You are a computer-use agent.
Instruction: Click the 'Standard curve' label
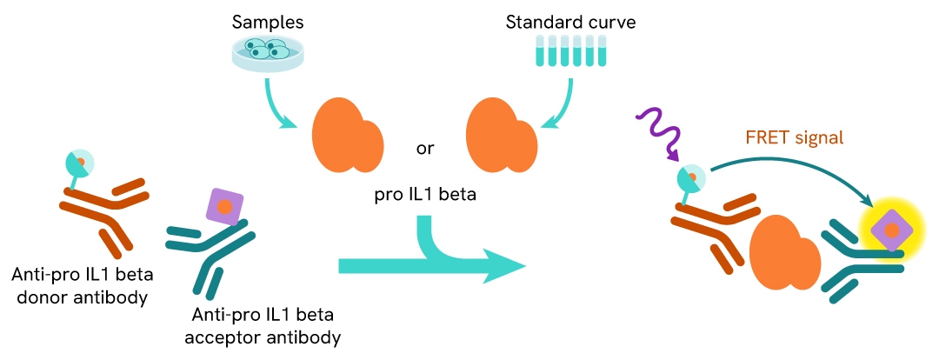[x=570, y=19]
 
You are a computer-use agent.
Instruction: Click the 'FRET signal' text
[x=794, y=137]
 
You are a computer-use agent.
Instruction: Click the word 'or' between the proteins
[x=425, y=148]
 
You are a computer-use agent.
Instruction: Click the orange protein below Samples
[x=347, y=136]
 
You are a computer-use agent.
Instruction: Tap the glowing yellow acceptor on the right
[x=890, y=229]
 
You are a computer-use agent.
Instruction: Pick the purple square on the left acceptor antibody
[x=224, y=208]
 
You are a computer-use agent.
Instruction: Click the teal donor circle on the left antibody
[x=81, y=163]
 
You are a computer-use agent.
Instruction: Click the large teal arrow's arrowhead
[x=504, y=265]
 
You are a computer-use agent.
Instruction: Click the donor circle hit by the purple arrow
[x=691, y=180]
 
